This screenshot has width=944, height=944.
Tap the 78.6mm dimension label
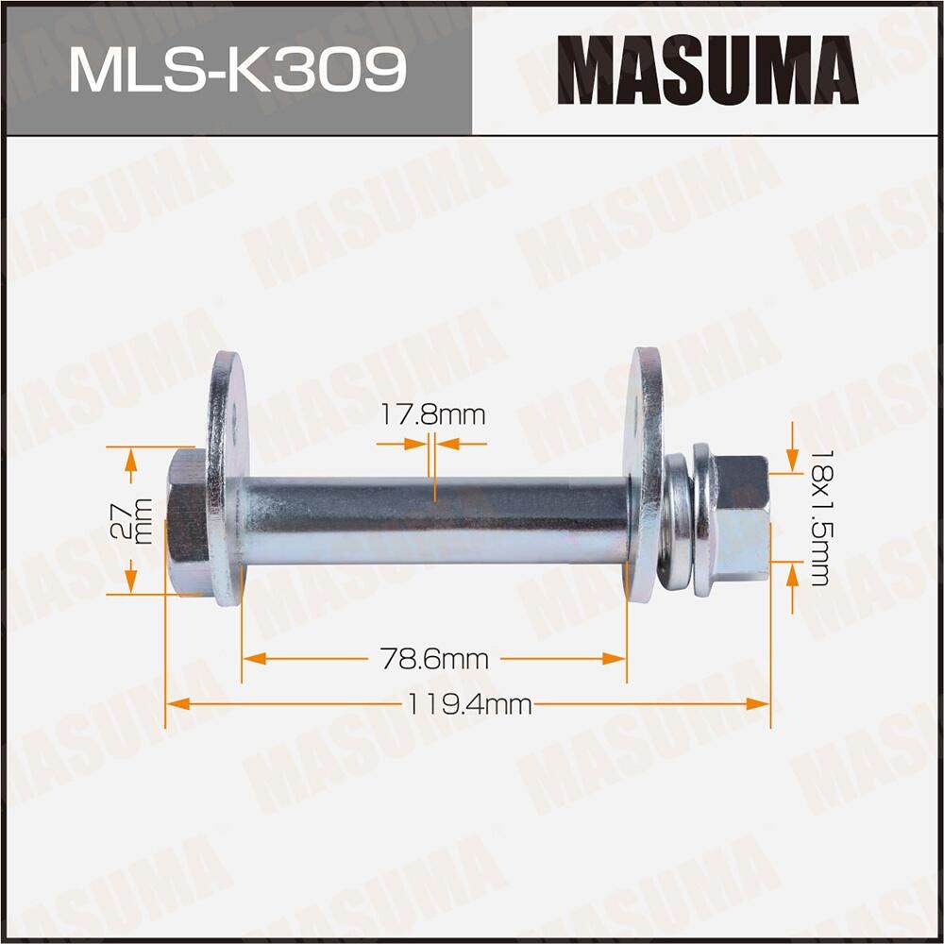434,659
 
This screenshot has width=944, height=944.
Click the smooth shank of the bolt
434,521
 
